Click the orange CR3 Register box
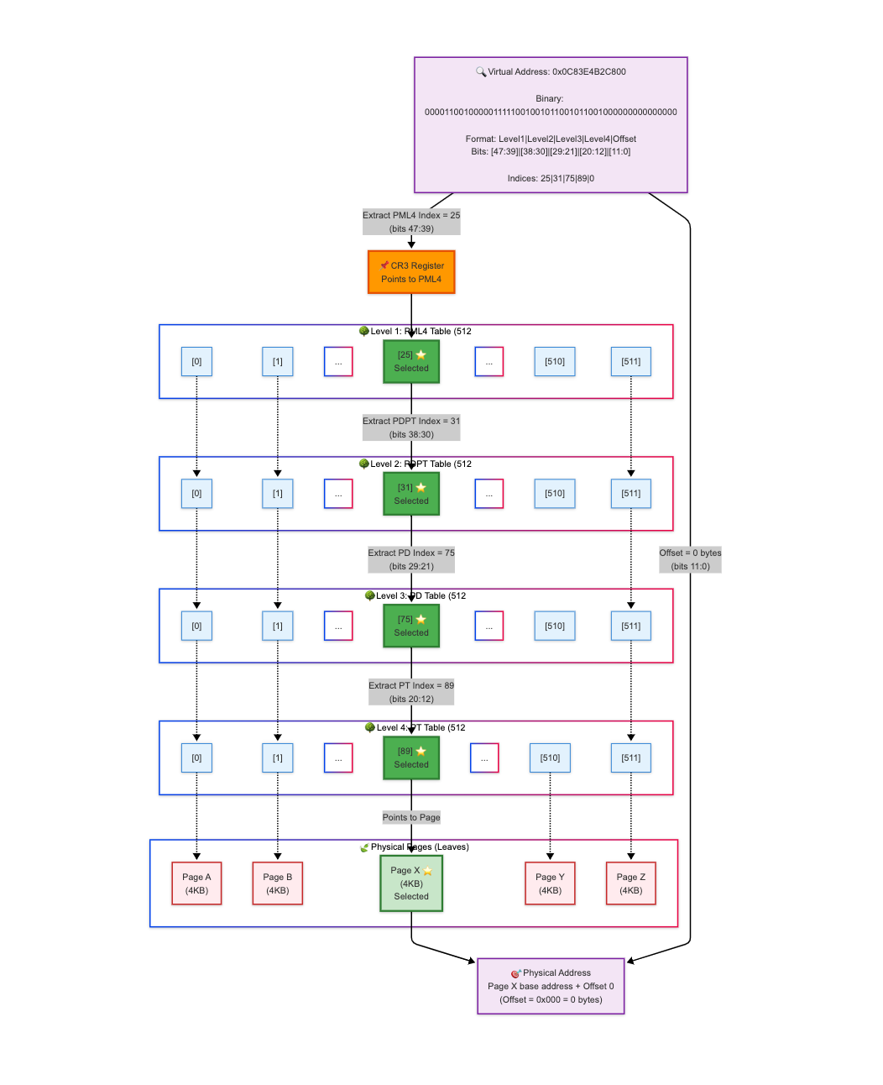click(x=411, y=272)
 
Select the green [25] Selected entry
click(x=411, y=362)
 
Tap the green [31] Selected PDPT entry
click(x=411, y=494)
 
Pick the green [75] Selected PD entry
click(x=411, y=626)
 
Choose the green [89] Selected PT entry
click(x=411, y=757)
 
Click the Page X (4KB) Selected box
click(x=411, y=883)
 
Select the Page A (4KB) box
click(x=196, y=883)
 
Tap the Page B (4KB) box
click(x=278, y=883)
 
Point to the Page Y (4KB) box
click(x=550, y=883)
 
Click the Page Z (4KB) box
click(x=631, y=883)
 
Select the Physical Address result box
click(x=551, y=986)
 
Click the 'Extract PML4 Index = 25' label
click(x=411, y=222)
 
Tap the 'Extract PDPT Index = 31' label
click(x=411, y=427)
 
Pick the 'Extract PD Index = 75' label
click(x=411, y=559)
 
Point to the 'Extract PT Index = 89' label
click(x=411, y=692)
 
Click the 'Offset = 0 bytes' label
click(x=690, y=559)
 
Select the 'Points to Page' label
click(x=411, y=817)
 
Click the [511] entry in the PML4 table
click(x=631, y=362)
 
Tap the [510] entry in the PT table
click(x=550, y=757)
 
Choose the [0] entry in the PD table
click(x=196, y=626)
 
